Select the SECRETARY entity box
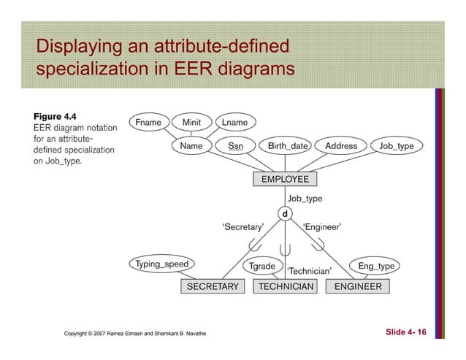[x=213, y=286]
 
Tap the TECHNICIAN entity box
[x=286, y=286]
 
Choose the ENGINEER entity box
[x=358, y=286]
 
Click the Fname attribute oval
[x=148, y=122]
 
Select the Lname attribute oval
[x=235, y=122]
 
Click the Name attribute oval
[x=191, y=146]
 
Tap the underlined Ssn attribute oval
[x=236, y=146]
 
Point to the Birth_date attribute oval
[x=287, y=146]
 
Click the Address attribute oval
[x=341, y=146]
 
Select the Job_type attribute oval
[x=397, y=146]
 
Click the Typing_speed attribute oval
[x=162, y=264]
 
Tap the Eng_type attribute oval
[x=376, y=266]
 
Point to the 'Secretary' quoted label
[x=242, y=227]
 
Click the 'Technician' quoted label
[x=309, y=272]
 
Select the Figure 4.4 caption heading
[x=55, y=116]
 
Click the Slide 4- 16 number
[x=405, y=333]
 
